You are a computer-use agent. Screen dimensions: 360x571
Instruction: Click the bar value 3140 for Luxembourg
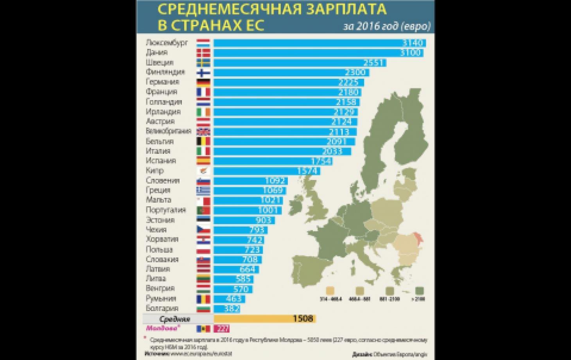pyautogui.click(x=413, y=43)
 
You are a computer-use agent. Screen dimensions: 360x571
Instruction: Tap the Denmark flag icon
pyautogui.click(x=203, y=53)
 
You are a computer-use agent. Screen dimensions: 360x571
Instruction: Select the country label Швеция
pyautogui.click(x=160, y=63)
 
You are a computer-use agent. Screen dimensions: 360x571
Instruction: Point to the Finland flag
pyautogui.click(x=203, y=72)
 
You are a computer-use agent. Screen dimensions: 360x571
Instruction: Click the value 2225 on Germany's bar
pyautogui.click(x=350, y=83)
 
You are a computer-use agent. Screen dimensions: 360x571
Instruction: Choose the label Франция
pyautogui.click(x=162, y=92)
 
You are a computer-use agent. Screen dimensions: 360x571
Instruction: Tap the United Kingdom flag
pyautogui.click(x=203, y=131)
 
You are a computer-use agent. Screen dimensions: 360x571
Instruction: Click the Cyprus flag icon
pyautogui.click(x=203, y=171)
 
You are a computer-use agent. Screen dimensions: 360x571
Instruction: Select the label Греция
pyautogui.click(x=158, y=191)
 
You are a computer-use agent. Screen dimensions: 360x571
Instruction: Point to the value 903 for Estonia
pyautogui.click(x=264, y=220)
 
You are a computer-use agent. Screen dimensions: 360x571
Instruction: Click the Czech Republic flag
pyautogui.click(x=203, y=230)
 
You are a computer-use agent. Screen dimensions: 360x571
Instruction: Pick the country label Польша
pyautogui.click(x=159, y=250)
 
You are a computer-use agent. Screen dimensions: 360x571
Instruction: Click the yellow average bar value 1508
pyautogui.click(x=303, y=319)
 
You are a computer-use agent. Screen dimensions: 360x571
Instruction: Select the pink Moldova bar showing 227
pyautogui.click(x=222, y=329)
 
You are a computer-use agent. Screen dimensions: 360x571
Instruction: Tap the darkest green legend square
pyautogui.click(x=420, y=291)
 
